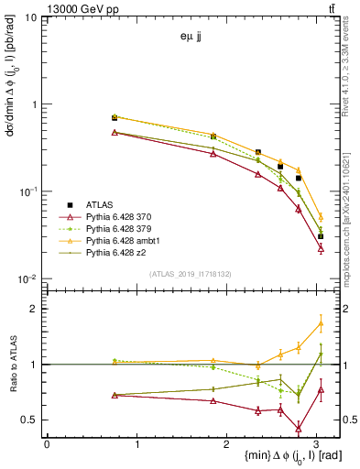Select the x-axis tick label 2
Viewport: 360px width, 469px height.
coord(227,444)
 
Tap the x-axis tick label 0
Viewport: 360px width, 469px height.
coord(47,444)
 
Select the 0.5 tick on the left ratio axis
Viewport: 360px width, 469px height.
coord(28,420)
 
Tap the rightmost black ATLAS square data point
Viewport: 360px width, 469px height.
coord(321,236)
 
